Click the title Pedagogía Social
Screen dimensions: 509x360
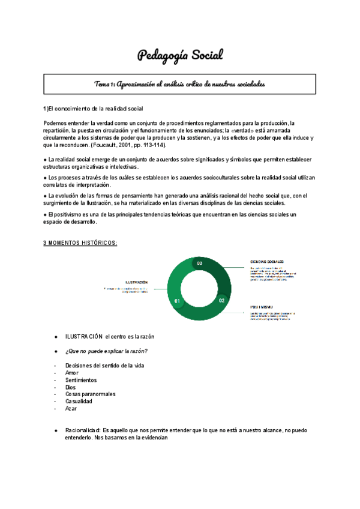tap(180, 56)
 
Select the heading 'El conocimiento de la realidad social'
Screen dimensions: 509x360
tap(95, 109)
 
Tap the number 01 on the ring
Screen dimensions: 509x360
tap(177, 300)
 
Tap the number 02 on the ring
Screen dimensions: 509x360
tap(221, 300)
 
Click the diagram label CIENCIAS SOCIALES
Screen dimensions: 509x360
tap(267, 262)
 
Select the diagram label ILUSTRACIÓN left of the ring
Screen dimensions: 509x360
tap(136, 282)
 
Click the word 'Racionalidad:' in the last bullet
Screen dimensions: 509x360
tap(83, 430)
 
